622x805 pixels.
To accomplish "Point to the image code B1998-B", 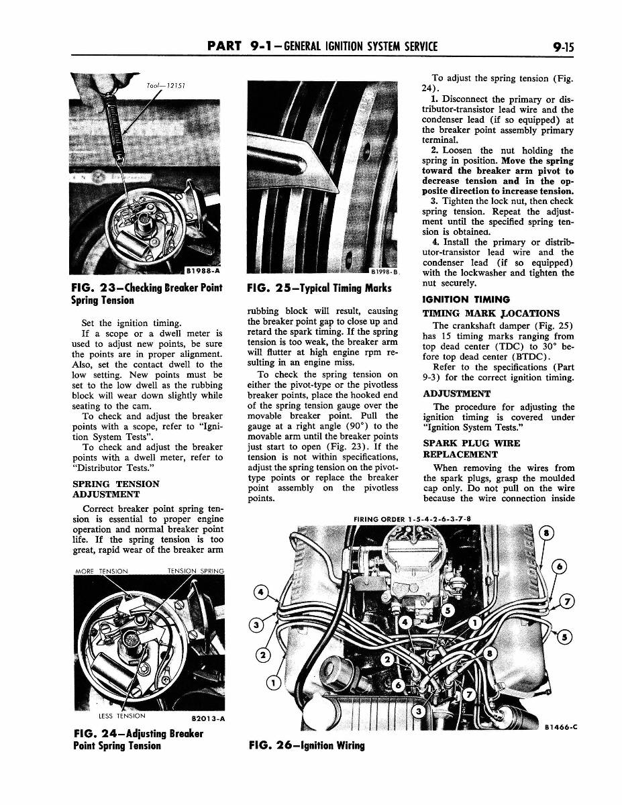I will pos(384,272).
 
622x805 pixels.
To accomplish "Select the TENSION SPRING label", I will pos(195,571).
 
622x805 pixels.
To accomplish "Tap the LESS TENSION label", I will pos(121,716).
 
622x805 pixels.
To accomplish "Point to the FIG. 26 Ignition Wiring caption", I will pos(306,745).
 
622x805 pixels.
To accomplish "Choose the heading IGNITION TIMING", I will pos(466,299).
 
